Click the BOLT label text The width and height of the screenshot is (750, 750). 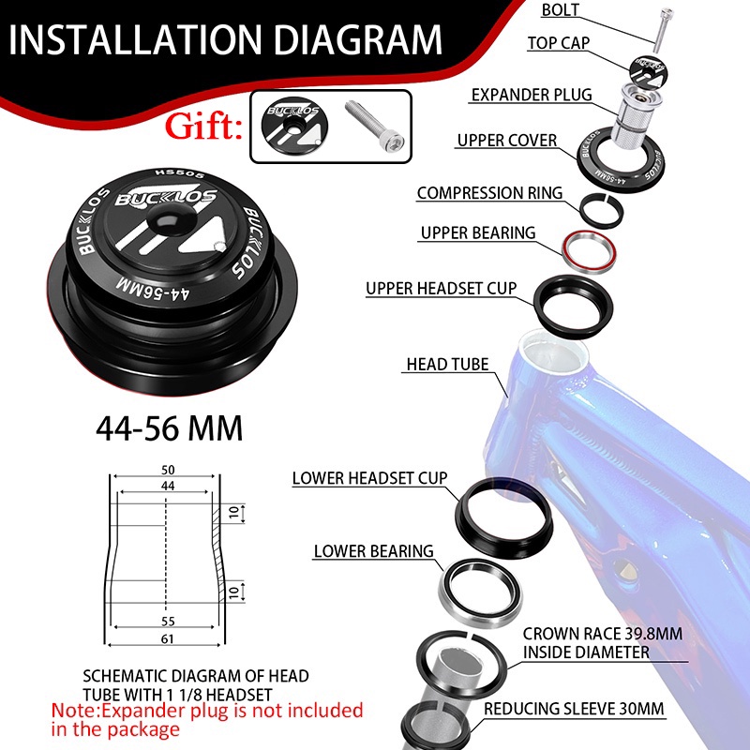click(562, 10)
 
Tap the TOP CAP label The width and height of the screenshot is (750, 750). click(557, 43)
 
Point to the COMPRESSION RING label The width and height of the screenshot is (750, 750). click(489, 193)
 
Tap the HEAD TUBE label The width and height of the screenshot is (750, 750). click(447, 364)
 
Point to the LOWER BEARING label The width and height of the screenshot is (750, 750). click(373, 551)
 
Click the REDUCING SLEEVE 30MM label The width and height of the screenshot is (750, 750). click(575, 709)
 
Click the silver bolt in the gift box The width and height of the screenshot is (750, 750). click(375, 126)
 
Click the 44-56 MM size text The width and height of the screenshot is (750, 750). click(169, 428)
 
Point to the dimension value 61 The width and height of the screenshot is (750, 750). click(168, 637)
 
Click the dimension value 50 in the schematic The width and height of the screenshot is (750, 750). click(168, 469)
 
